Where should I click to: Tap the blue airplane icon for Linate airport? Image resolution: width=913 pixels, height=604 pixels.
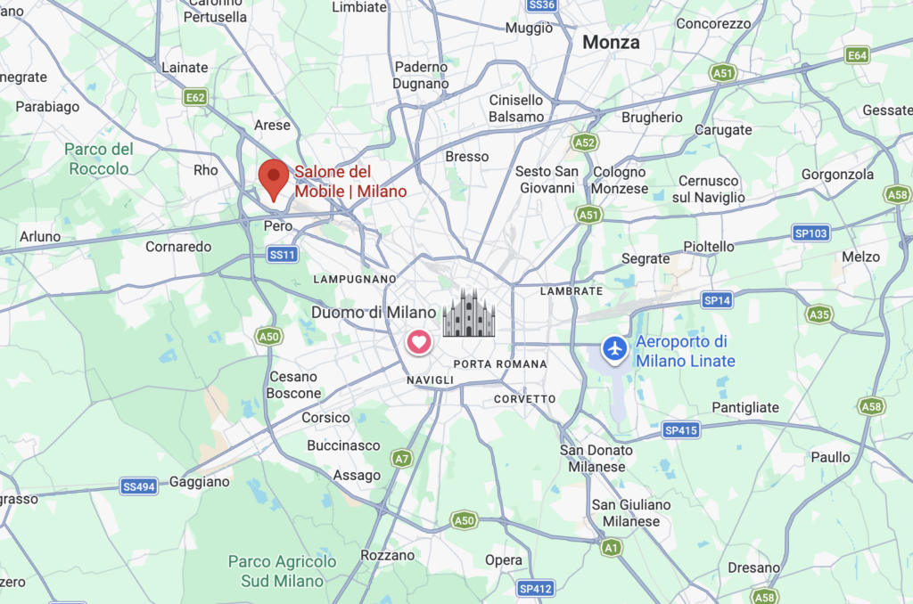614,348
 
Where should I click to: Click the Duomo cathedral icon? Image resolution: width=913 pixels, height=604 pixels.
469,313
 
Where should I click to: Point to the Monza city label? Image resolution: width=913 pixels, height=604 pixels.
611,42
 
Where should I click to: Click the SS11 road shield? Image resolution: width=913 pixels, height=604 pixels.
282,255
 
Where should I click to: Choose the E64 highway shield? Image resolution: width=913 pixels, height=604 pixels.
857,55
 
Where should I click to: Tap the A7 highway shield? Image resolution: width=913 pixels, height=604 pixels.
402,458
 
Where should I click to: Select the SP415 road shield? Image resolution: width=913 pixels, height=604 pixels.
681,430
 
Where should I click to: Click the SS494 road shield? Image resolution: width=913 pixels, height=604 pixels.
140,486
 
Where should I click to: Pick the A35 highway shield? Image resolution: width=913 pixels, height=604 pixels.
818,314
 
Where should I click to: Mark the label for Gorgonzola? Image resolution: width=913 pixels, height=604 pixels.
837,175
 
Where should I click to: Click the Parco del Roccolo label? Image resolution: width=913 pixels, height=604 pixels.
99,159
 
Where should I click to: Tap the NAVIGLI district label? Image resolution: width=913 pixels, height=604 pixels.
430,380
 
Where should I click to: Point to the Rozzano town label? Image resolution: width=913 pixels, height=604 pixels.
388,555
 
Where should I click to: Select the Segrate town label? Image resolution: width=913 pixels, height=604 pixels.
645,258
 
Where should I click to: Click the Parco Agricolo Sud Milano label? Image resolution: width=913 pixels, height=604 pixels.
283,571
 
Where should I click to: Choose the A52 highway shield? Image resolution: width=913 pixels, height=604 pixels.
585,143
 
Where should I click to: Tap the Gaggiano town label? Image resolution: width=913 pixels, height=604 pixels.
200,481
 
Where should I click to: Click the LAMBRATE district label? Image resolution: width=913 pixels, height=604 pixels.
572,291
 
